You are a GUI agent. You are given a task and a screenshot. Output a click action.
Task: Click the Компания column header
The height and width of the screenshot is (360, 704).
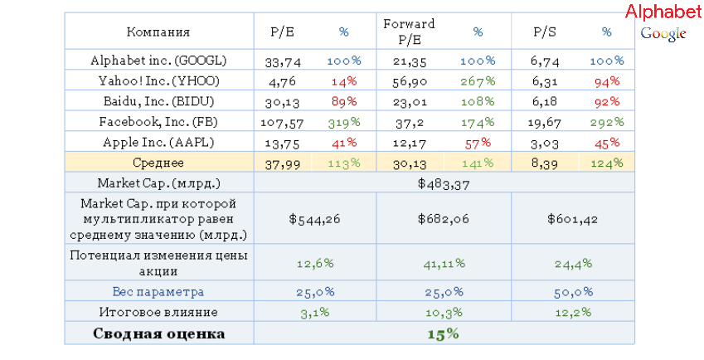tap(158, 32)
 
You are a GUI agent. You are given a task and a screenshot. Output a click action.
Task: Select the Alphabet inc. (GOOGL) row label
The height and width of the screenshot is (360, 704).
tap(158, 61)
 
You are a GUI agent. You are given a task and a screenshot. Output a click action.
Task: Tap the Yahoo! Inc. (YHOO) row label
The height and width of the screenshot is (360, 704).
tap(158, 81)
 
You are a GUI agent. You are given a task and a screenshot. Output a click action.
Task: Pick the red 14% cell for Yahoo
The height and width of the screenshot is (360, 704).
tap(343, 81)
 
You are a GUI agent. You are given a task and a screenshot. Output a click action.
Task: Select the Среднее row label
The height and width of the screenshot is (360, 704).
tap(158, 163)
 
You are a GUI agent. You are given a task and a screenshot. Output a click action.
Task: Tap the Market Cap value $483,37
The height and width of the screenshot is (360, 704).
tap(444, 183)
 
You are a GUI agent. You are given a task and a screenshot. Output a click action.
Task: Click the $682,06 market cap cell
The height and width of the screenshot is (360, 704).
tap(444, 220)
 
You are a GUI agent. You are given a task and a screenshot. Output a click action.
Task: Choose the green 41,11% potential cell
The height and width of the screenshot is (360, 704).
tap(444, 263)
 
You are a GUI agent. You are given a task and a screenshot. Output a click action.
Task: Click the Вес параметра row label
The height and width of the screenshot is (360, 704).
tap(158, 292)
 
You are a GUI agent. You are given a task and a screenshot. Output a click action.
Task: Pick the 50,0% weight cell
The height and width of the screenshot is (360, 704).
tap(574, 292)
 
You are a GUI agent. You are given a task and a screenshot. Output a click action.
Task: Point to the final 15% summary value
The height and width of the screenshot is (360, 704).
tap(444, 333)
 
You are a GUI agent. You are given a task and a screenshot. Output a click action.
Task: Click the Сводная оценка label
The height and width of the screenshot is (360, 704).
tap(158, 333)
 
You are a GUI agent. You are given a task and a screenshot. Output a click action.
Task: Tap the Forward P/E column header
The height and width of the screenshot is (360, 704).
tap(409, 32)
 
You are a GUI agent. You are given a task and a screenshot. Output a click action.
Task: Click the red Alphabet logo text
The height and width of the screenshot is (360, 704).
tap(663, 12)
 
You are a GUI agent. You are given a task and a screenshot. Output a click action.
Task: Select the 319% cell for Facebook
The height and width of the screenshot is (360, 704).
tap(343, 122)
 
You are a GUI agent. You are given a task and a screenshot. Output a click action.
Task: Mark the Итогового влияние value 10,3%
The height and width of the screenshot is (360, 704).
tap(444, 313)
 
